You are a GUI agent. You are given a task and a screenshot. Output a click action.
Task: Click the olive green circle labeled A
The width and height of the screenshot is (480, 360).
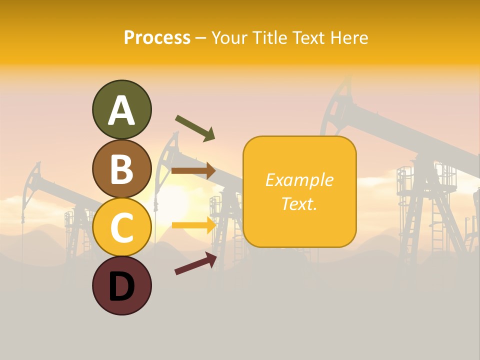pyautogui.click(x=121, y=109)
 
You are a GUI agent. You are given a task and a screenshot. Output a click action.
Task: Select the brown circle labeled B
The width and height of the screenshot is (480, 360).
pyautogui.click(x=121, y=168)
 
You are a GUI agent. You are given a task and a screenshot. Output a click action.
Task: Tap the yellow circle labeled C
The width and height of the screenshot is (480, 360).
pyautogui.click(x=121, y=227)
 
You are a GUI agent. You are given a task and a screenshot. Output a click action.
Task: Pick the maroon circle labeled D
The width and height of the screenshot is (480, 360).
pyautogui.click(x=121, y=285)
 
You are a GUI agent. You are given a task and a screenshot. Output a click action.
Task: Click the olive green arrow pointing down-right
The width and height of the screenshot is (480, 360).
pyautogui.click(x=195, y=128)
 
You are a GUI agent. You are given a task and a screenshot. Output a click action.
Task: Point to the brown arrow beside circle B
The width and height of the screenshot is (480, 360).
pyautogui.click(x=193, y=170)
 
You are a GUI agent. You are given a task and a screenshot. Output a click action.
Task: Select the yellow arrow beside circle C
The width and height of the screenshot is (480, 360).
pyautogui.click(x=193, y=225)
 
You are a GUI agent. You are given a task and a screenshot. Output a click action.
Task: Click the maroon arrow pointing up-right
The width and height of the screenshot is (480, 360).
pyautogui.click(x=195, y=263)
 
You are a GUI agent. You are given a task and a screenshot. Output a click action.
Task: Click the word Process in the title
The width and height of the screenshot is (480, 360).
pyautogui.click(x=157, y=38)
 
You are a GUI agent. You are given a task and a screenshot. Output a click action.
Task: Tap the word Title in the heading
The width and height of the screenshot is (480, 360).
pyautogui.click(x=270, y=38)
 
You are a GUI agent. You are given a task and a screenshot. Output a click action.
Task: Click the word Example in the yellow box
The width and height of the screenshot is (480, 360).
pyautogui.click(x=299, y=180)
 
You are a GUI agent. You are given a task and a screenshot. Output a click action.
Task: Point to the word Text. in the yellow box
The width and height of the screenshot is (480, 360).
pyautogui.click(x=299, y=203)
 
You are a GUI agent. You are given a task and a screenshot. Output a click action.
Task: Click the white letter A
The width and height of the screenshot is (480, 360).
pyautogui.click(x=121, y=110)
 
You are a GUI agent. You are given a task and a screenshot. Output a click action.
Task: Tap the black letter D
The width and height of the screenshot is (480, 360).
pyautogui.click(x=121, y=286)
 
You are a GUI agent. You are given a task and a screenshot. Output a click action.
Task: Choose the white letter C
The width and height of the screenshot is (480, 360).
pyautogui.click(x=121, y=227)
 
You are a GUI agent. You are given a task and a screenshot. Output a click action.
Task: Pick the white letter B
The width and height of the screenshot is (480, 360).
pyautogui.click(x=121, y=169)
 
